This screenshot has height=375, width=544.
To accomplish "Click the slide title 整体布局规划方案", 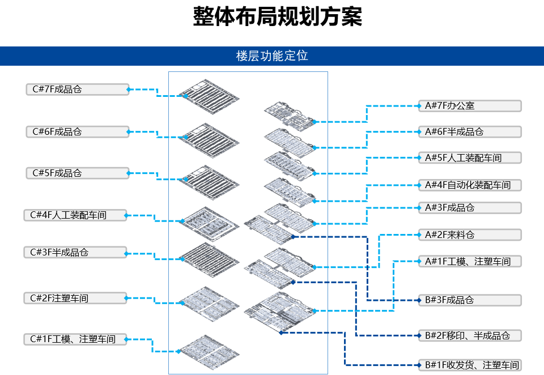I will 277,18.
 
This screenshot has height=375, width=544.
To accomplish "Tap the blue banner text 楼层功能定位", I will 272,56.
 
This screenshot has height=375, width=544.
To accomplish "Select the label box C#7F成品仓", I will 77,89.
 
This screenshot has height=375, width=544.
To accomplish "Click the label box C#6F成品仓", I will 77,131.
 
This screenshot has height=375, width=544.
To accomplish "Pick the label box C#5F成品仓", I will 77,173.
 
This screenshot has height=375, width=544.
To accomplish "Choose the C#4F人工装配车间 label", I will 75,215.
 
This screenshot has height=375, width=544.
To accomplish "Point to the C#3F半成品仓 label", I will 75,252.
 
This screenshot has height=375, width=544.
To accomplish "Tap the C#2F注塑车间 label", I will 75,298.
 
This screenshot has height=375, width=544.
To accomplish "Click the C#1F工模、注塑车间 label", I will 75,339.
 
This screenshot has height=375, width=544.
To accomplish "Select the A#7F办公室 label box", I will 469,106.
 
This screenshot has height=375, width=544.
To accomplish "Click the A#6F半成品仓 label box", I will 469,132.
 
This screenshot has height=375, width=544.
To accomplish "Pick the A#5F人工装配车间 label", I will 469,157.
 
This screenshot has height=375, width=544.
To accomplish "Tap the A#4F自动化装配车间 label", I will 469,185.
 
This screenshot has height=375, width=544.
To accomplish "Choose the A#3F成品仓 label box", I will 469,208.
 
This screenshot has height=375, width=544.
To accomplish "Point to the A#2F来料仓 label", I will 469,235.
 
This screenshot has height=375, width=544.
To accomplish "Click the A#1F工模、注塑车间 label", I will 469,261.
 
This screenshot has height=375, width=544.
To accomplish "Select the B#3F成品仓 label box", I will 469,300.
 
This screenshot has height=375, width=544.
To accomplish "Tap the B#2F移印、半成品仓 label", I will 469,335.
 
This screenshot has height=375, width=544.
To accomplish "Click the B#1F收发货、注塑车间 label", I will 469,365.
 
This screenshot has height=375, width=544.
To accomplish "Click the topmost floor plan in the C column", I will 209,94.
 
